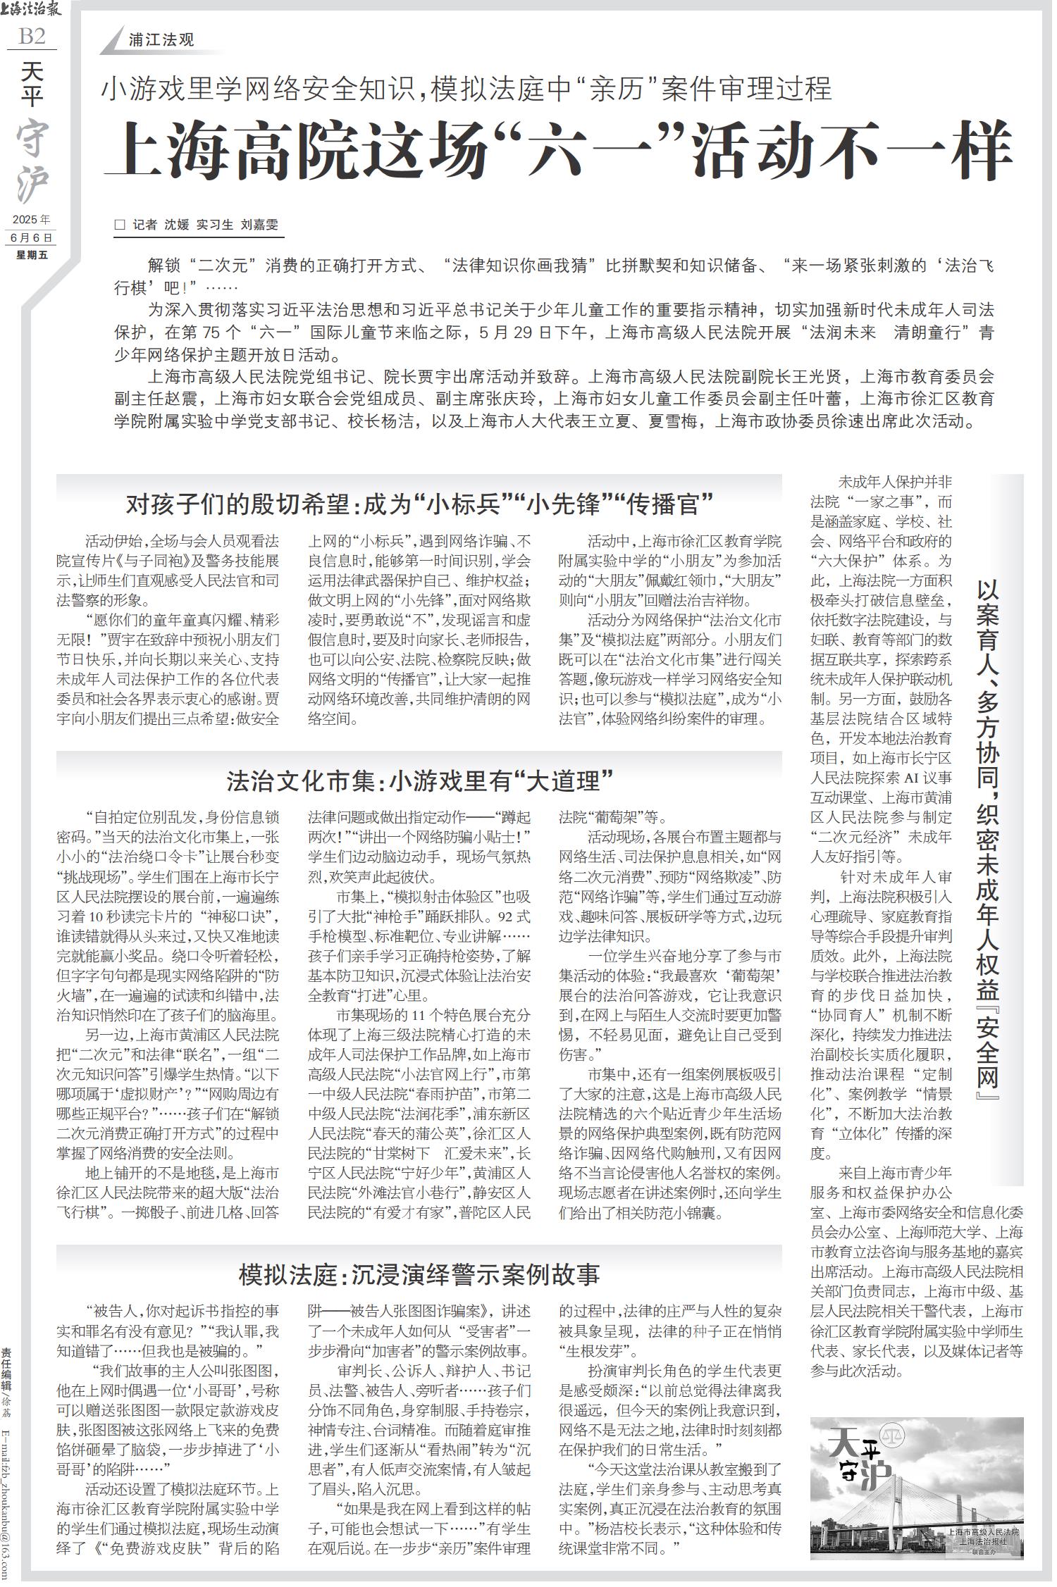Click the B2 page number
32,36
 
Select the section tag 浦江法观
161,40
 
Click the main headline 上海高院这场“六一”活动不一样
557,151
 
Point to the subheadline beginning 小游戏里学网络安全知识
466,89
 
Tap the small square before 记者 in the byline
120,225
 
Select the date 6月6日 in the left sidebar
31,237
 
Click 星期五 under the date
32,254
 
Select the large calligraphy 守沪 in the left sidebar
32,162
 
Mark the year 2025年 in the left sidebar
31,219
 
